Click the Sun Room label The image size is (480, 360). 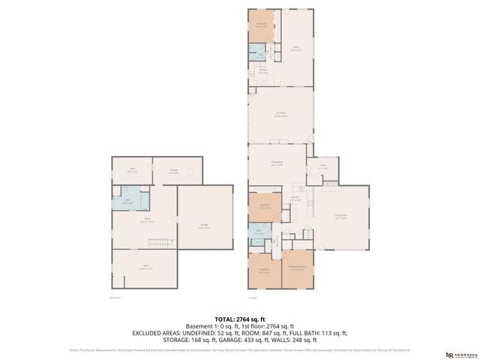[x=281, y=115]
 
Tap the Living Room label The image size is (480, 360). [x=340, y=217]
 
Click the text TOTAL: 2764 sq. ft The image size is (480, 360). [x=239, y=319]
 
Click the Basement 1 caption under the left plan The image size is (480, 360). [x=115, y=297]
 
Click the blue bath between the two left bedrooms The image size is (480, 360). [x=259, y=233]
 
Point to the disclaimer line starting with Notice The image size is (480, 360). [x=239, y=349]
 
